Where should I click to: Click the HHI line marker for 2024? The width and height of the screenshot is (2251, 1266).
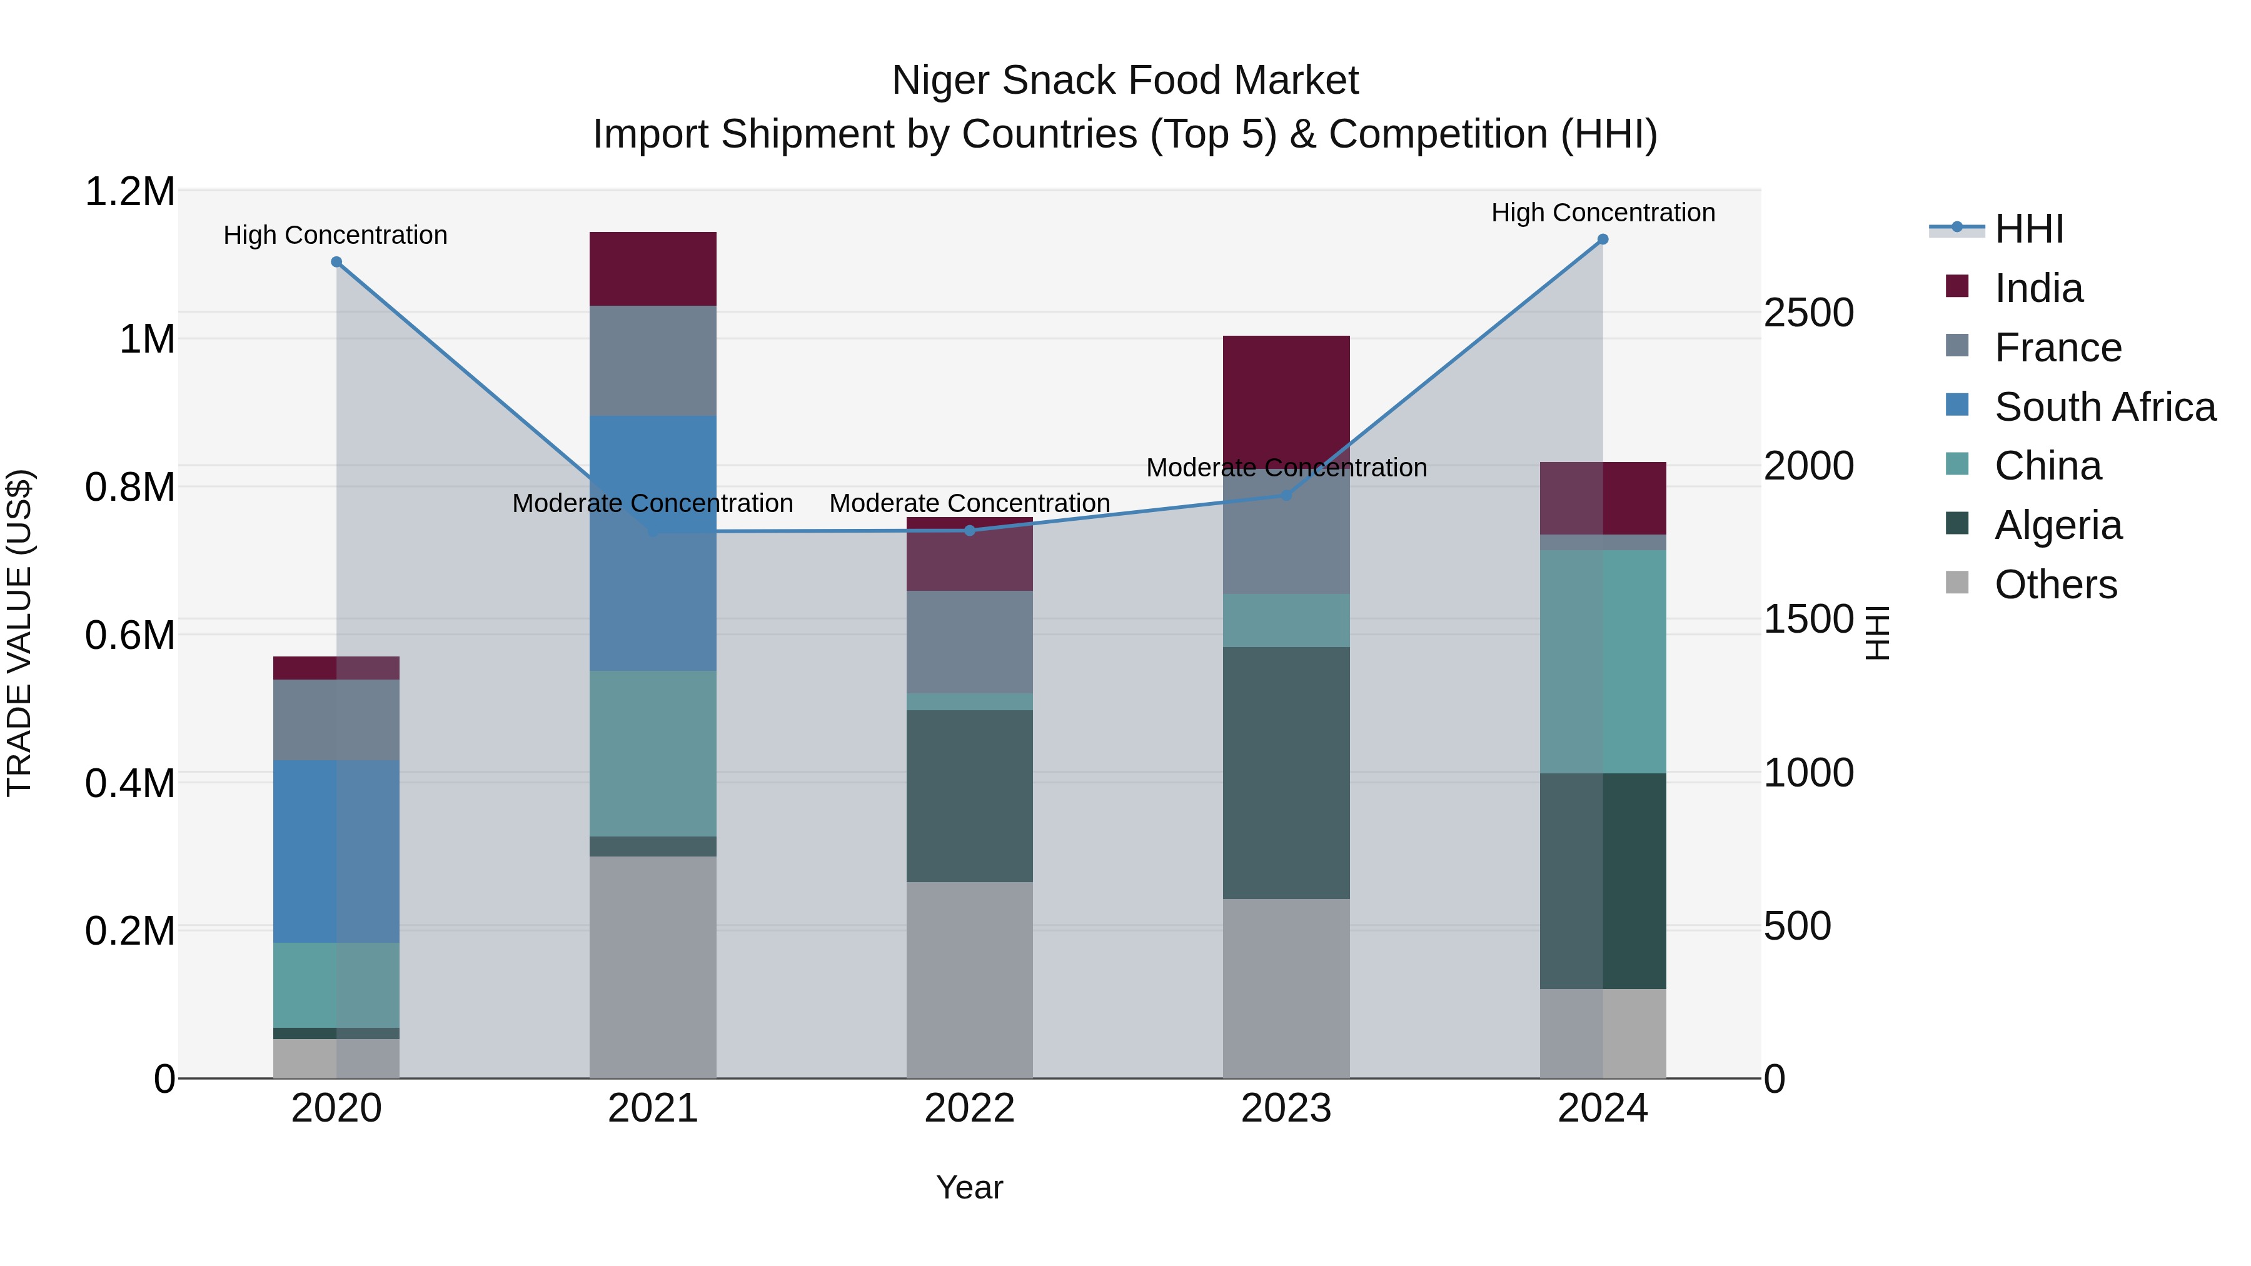pos(1602,239)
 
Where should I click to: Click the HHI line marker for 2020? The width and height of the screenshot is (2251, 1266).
pos(336,262)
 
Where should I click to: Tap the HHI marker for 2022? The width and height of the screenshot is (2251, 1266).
pos(969,530)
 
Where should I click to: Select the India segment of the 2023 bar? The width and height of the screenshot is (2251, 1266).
pos(1286,398)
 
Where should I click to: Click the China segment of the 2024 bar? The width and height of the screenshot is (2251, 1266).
pos(1602,661)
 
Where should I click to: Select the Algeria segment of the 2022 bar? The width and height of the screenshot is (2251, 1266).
pos(969,795)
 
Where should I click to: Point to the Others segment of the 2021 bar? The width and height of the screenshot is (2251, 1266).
pos(653,967)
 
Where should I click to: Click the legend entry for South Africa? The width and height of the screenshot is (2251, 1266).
pos(2104,407)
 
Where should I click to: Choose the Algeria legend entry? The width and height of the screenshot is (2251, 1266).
pos(2057,525)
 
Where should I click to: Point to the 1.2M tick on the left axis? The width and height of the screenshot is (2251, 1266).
pos(130,191)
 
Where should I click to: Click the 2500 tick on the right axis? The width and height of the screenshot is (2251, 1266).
pos(1808,313)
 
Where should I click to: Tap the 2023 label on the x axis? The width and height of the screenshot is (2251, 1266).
pos(1286,1108)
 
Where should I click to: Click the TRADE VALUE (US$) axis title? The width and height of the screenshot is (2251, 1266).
pos(20,633)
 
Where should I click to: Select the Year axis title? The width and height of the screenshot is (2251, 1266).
pos(969,1187)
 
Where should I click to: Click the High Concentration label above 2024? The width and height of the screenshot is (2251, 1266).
pos(1603,213)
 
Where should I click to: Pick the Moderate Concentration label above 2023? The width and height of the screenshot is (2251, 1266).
pos(1286,468)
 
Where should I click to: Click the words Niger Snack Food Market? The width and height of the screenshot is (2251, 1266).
pos(1125,81)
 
